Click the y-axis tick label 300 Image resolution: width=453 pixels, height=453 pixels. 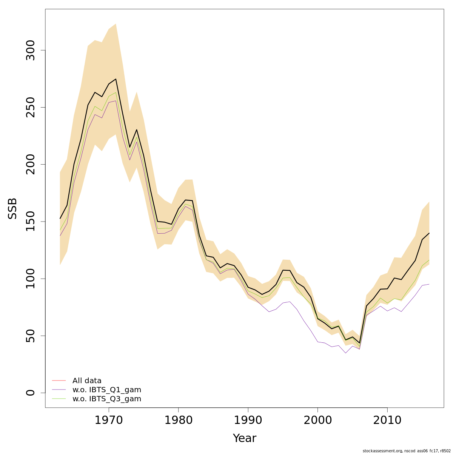(x=31, y=50)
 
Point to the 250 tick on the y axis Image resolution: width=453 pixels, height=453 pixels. (x=31, y=107)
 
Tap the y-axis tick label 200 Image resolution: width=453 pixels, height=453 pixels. (x=31, y=164)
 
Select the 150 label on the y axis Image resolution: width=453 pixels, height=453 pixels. (x=31, y=222)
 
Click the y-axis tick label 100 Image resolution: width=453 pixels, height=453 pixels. (x=31, y=279)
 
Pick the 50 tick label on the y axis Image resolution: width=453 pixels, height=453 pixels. (x=31, y=336)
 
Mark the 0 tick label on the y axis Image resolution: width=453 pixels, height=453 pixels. (x=31, y=393)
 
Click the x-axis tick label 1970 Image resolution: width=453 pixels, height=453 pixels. (x=109, y=420)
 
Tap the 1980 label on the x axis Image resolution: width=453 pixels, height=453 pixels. (x=179, y=420)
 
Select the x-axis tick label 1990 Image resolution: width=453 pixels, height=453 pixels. (x=248, y=420)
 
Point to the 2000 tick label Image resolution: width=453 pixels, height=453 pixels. (x=318, y=420)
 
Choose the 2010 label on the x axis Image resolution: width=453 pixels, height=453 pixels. (x=387, y=420)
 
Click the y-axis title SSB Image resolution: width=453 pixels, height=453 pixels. (x=13, y=208)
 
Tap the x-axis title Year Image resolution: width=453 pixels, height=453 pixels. (x=244, y=438)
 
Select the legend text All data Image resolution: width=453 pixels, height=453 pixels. (x=87, y=381)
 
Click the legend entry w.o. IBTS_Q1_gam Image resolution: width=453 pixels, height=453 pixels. (x=106, y=390)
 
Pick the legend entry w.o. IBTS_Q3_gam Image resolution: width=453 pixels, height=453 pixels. (x=106, y=399)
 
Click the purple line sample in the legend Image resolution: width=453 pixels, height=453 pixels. (x=59, y=390)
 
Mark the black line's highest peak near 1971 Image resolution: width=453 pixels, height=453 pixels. (x=116, y=79)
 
